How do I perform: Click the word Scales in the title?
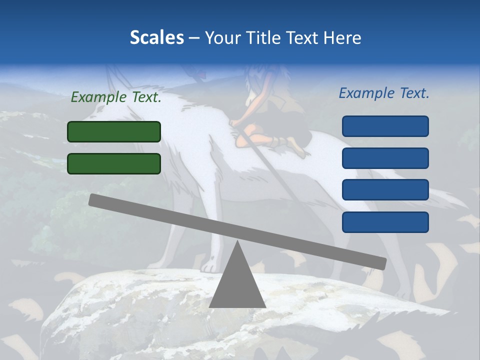(x=156, y=37)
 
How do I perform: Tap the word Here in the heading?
(x=342, y=37)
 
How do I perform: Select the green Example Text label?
(x=116, y=97)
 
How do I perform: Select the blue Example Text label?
(x=384, y=93)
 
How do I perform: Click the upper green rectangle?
(x=114, y=131)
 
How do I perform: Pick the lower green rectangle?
(x=114, y=163)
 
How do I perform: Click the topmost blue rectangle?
(x=385, y=126)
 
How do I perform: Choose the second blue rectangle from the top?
(x=385, y=158)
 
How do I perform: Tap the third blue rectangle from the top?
(x=385, y=190)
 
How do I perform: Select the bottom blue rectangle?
(x=385, y=222)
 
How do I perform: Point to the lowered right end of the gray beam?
(x=381, y=263)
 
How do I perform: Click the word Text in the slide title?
(x=303, y=37)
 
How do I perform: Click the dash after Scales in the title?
(x=194, y=37)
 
